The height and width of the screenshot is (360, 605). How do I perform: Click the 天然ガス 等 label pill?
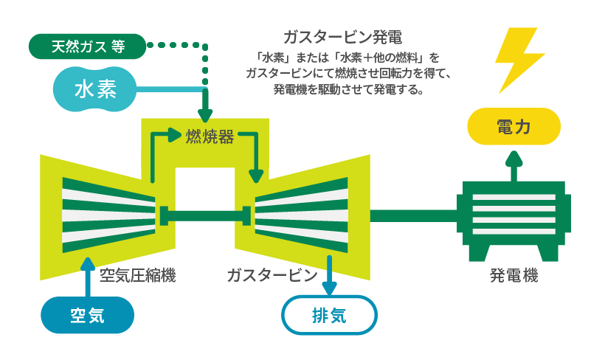[87, 46]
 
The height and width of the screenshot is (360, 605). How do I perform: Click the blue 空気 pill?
[87, 315]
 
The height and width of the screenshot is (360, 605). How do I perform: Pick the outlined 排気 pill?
[328, 315]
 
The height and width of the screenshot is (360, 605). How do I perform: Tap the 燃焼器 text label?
[210, 136]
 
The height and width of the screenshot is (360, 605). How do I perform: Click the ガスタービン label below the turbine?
[272, 277]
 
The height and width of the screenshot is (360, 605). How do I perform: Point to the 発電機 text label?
[514, 277]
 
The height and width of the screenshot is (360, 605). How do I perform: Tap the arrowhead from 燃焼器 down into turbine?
[256, 176]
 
